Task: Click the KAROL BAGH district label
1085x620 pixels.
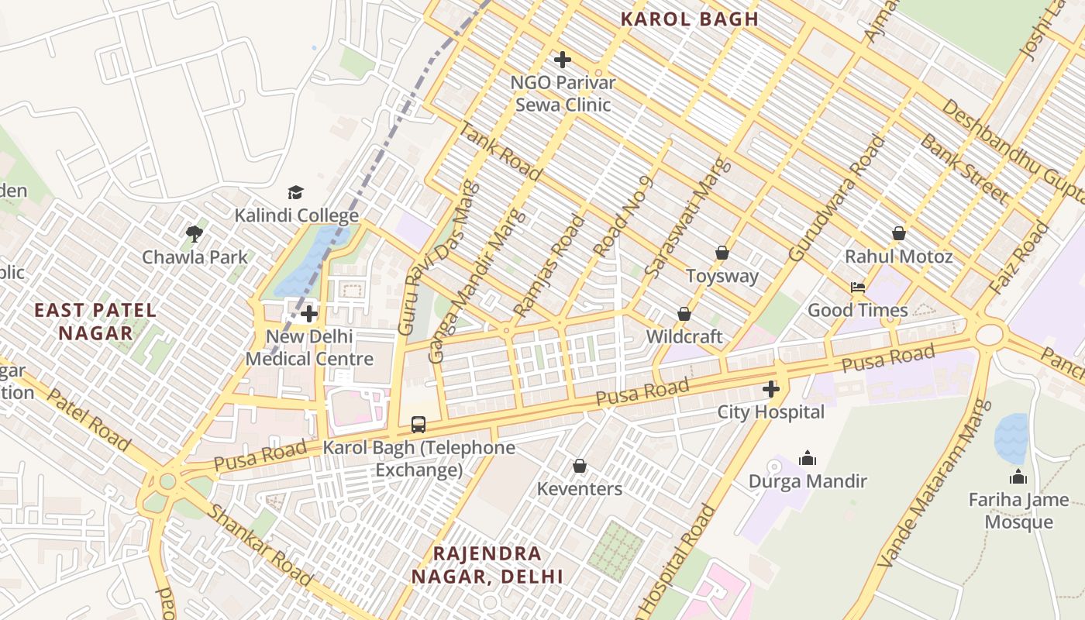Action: [x=689, y=19]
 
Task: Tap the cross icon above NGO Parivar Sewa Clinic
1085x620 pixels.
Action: [x=563, y=60]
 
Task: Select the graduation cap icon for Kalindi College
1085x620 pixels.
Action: [x=295, y=192]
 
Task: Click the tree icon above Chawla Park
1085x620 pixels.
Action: [x=194, y=233]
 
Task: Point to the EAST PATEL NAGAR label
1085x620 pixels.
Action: [x=95, y=322]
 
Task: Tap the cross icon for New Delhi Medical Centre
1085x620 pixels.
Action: [x=309, y=314]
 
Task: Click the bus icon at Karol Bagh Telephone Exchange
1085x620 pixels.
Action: [x=418, y=424]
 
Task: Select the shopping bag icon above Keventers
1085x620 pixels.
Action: [x=579, y=466]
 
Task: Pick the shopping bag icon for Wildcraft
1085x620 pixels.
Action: [x=684, y=314]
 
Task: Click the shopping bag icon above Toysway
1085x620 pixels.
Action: [x=722, y=253]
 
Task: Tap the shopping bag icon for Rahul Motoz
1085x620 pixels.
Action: [x=898, y=233]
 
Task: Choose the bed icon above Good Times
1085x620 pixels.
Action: [x=857, y=288]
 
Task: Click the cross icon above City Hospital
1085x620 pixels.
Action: [x=770, y=389]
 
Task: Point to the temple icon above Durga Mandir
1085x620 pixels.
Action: [x=807, y=458]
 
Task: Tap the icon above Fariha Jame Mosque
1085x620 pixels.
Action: [x=1018, y=477]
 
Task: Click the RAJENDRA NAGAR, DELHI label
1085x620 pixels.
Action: [x=487, y=565]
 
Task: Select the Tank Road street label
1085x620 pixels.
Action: [x=500, y=152]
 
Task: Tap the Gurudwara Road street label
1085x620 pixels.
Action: [x=837, y=198]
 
